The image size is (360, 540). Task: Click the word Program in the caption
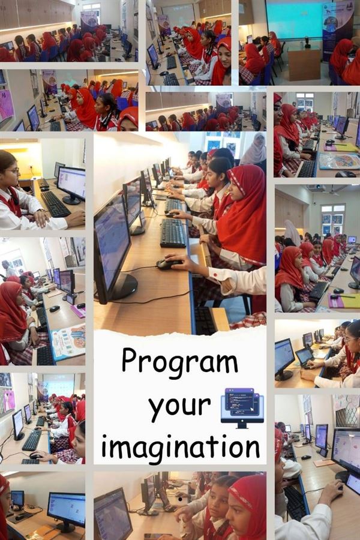click(180, 362)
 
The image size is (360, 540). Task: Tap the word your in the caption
click(179, 406)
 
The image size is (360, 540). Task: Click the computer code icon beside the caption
click(242, 408)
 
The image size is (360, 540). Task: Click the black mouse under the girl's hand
click(169, 264)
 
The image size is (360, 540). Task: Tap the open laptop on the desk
click(305, 357)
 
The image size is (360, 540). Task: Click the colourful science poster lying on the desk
click(68, 341)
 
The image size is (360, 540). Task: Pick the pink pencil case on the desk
click(79, 311)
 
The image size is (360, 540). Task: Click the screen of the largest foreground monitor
click(112, 241)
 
